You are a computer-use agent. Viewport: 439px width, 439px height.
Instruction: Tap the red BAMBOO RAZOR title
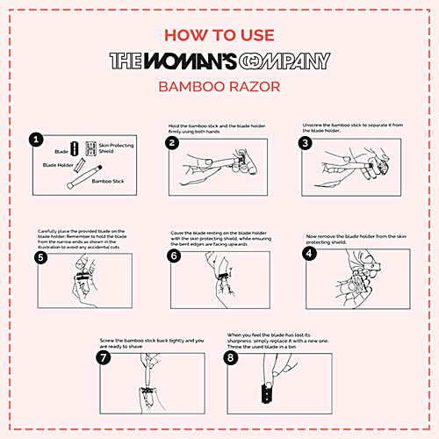pos(219,88)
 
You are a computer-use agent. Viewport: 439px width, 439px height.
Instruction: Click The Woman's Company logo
pos(219,61)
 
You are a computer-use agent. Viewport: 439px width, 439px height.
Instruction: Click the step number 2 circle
pos(173,142)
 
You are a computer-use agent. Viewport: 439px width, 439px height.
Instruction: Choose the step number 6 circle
pos(174,255)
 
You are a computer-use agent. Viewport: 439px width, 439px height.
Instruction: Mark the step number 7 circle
pos(105,359)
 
